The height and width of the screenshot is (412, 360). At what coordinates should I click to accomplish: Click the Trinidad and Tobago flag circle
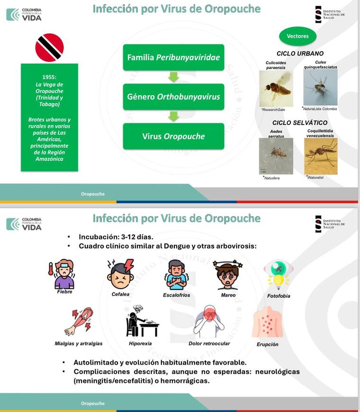point(49,47)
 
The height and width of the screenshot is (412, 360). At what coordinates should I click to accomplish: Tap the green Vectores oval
point(298,36)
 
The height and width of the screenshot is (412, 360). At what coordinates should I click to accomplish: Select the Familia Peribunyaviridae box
point(173,58)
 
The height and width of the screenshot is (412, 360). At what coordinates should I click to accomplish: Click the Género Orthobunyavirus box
point(173,97)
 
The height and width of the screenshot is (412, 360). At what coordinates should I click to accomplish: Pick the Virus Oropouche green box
point(173,137)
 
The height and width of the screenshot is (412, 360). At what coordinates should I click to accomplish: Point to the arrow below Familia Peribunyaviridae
point(173,77)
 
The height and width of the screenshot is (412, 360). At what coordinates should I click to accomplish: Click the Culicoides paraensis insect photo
point(276,88)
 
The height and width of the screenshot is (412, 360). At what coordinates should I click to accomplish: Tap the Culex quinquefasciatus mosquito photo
point(320,87)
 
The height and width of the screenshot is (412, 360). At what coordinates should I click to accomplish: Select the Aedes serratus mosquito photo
point(276,156)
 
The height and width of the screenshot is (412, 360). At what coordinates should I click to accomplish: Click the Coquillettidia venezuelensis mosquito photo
point(321,156)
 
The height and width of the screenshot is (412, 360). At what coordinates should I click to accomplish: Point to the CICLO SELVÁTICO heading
point(299,123)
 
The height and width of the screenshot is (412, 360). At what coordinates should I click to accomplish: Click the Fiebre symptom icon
point(64,274)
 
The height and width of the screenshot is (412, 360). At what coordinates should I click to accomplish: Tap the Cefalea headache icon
point(120,274)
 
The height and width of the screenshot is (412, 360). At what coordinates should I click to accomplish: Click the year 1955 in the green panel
point(49,78)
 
